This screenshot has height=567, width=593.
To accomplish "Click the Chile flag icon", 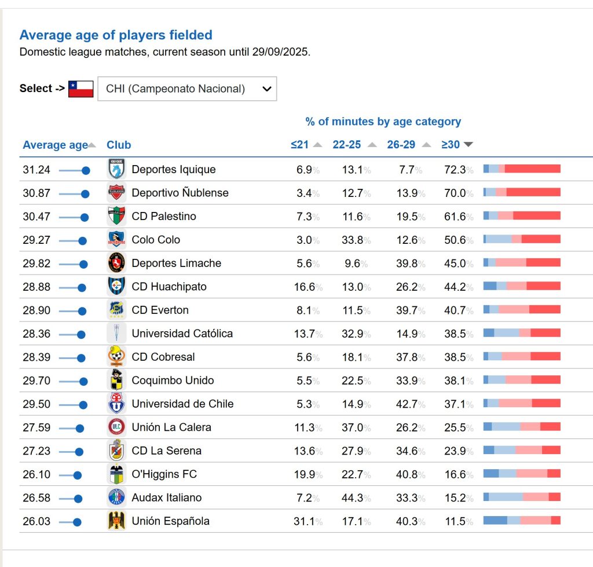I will pos(80,89).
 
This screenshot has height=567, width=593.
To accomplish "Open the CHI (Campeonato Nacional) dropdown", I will pos(187,89).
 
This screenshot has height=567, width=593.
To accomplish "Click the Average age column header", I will pos(55,145).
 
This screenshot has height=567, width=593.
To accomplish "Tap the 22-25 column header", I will pos(347,145).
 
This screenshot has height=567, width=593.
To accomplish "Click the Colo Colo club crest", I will pos(116,240).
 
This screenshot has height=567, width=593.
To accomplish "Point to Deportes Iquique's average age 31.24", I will pos(36,170).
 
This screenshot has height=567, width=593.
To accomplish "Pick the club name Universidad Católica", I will pos(182,334).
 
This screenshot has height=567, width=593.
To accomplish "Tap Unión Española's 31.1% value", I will pos(305,521).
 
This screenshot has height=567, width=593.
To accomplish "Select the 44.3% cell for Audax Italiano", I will pos(353,498).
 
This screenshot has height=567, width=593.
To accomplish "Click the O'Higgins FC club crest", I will pos(116,474).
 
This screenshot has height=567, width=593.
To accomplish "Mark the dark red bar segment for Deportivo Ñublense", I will pos(533,192).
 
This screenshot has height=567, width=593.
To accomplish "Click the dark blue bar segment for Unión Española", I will pos(495,520).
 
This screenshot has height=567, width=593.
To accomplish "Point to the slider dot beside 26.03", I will pos(77,522).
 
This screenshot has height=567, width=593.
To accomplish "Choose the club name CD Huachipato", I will pos(169,287).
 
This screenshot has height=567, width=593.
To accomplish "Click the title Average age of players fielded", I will pos(116,35).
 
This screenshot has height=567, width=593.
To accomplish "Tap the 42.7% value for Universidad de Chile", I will pos(407,404).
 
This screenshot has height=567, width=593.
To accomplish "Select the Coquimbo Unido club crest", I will pos(116,381).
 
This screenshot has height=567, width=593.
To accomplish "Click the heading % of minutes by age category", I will pos(383,122).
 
